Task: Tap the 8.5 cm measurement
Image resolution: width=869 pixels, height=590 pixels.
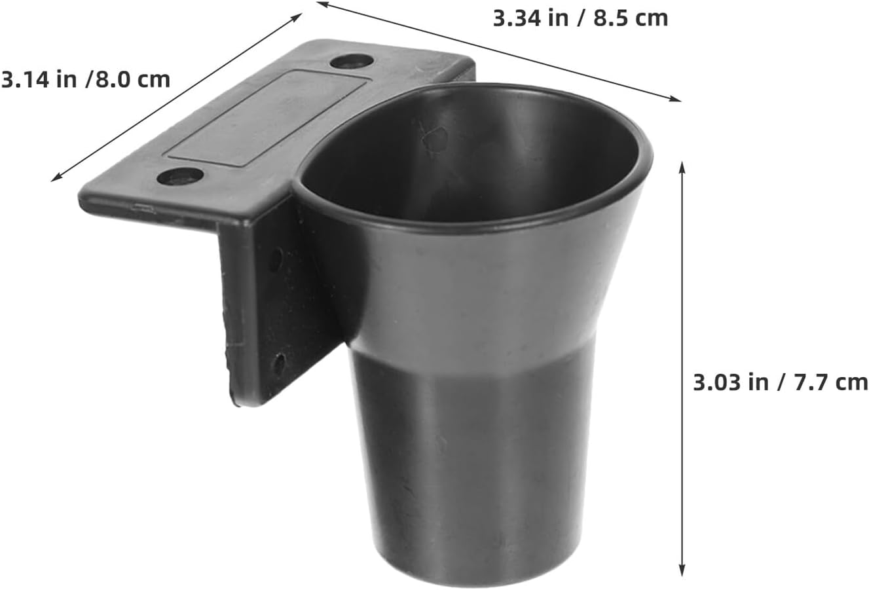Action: coord(631,18)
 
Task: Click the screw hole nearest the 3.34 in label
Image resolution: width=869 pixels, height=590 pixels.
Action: coord(352,62)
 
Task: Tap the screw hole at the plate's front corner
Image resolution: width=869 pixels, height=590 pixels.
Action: coord(180,177)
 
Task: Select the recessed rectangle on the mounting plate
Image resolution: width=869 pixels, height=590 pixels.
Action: coord(268,119)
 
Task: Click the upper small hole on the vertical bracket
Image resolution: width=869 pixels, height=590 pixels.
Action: coord(276,260)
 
